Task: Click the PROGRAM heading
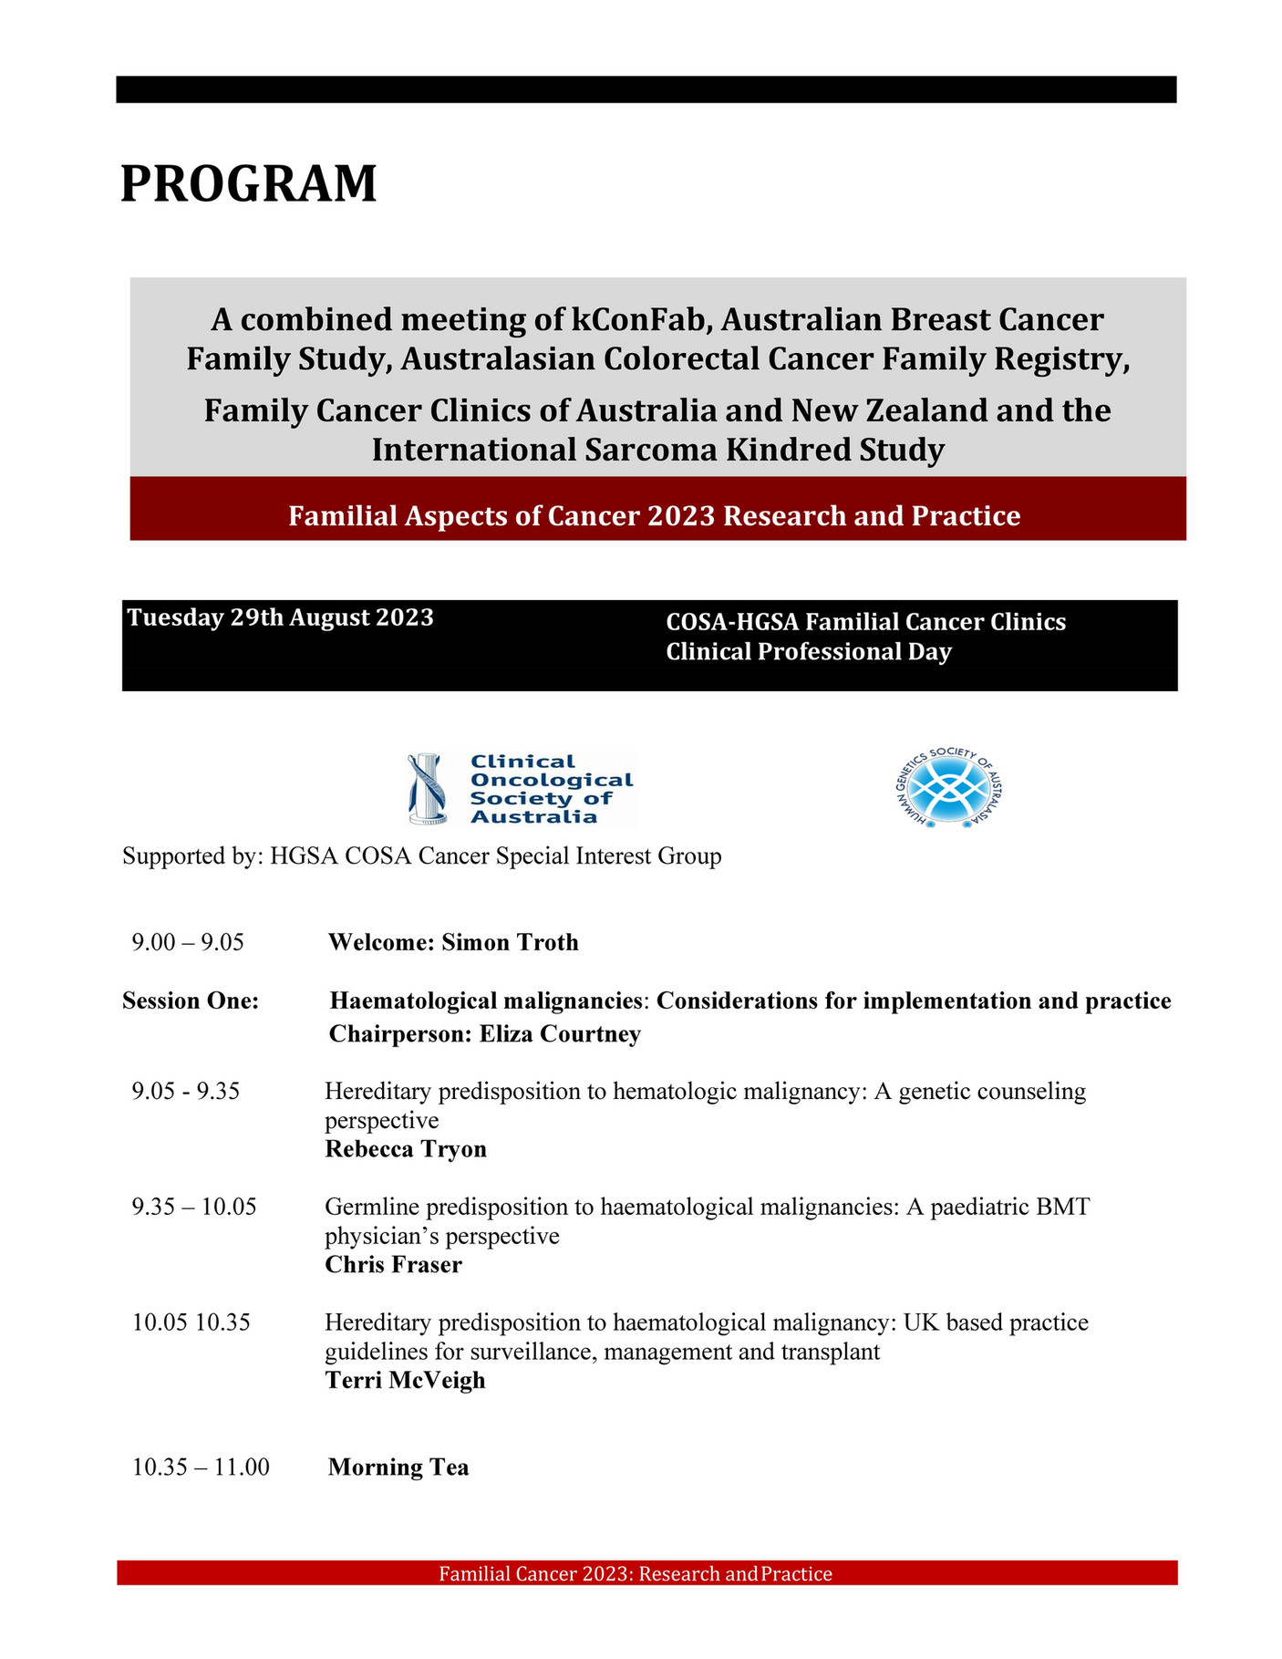(x=248, y=183)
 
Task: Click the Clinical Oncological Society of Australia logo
(x=521, y=789)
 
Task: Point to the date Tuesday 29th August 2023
(x=280, y=617)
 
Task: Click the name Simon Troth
(x=510, y=942)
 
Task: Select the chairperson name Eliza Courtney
(x=560, y=1033)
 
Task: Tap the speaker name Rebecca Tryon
(x=406, y=1148)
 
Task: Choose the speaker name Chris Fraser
(x=393, y=1264)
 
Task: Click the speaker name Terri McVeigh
(x=405, y=1380)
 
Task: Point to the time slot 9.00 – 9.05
(x=188, y=942)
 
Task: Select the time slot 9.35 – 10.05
(x=194, y=1207)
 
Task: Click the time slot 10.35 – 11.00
(x=201, y=1467)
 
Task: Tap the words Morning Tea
(x=398, y=1467)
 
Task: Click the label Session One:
(x=191, y=1001)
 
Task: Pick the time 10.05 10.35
(x=191, y=1322)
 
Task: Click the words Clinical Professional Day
(x=808, y=652)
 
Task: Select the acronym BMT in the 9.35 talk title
(x=1062, y=1207)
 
